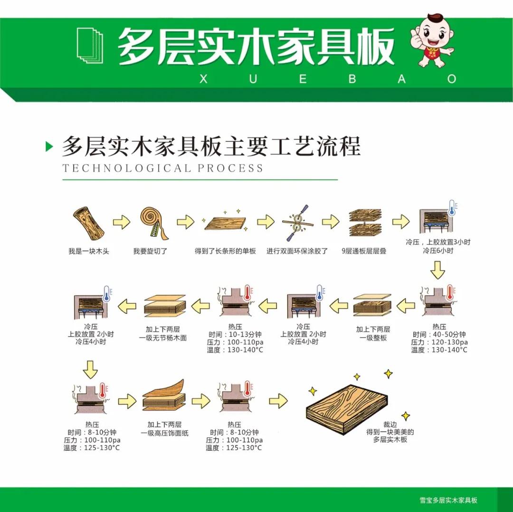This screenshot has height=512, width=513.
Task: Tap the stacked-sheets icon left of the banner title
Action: pos(90,46)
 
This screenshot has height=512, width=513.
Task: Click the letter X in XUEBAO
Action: pos(203,79)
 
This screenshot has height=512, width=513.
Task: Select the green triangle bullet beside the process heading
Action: pos(49,146)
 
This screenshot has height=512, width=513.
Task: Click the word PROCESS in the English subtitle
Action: pos(230,168)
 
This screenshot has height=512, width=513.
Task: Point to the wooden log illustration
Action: pos(88,223)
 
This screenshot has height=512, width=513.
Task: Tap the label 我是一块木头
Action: pos(89,251)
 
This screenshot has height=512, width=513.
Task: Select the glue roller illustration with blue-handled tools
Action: pos(298,222)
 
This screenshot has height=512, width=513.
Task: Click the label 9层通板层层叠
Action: pos(364,251)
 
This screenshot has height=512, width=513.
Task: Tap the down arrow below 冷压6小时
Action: pos(437,270)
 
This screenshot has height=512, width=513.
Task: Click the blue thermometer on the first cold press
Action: pos(452,208)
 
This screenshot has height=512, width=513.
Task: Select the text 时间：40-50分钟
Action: pos(439,335)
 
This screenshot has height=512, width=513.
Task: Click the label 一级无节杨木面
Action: pos(163,338)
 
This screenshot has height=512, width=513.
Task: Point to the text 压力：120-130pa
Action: pos(439,342)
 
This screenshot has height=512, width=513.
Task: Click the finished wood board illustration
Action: pos(347,409)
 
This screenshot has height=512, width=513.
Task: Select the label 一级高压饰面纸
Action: pos(164,433)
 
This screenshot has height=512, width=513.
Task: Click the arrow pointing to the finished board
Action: pos(278,401)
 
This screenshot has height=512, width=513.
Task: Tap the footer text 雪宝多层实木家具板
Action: pos(448,500)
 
